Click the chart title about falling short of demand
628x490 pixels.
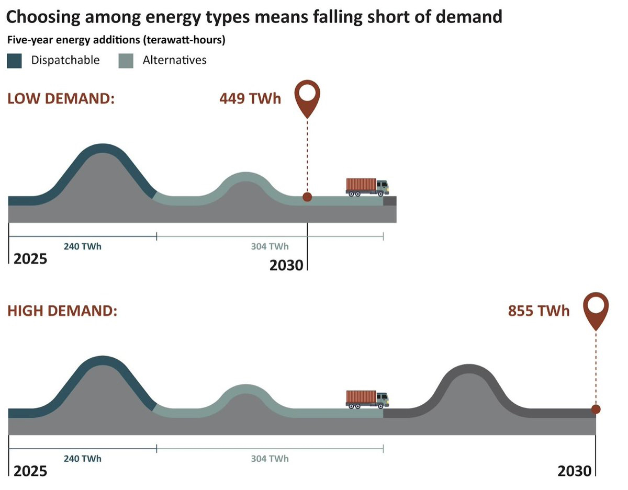click(254, 17)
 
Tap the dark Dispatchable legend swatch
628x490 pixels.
click(15, 61)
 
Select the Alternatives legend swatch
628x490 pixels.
click(126, 61)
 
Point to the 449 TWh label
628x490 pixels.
click(250, 98)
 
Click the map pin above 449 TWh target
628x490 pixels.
click(307, 97)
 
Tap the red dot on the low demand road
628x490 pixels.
click(307, 197)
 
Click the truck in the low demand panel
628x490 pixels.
click(367, 187)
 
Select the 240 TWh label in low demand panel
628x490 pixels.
click(83, 246)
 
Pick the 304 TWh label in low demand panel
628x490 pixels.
click(270, 246)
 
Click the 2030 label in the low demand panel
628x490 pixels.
click(286, 265)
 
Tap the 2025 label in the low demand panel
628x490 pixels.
click(30, 259)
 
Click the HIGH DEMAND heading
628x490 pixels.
click(62, 311)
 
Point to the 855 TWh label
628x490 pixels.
click(539, 311)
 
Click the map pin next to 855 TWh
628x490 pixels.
click(596, 309)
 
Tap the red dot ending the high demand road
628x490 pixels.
click(596, 409)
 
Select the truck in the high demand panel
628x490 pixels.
click(367, 399)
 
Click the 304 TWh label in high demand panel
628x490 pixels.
click(270, 459)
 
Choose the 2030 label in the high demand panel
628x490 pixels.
click(574, 471)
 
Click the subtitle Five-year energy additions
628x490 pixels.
click(116, 40)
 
